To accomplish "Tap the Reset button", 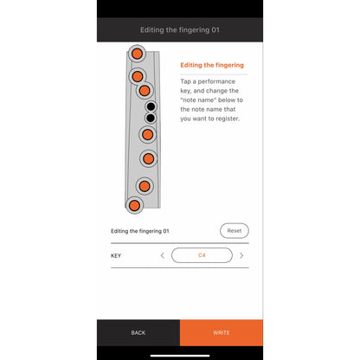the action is click(235, 231).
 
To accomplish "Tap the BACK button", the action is click(138, 332).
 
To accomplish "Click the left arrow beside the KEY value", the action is click(163, 255).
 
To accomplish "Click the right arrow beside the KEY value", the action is click(241, 255).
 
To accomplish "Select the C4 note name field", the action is click(202, 255).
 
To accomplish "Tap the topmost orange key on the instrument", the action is click(137, 54).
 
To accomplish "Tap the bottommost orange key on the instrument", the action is click(134, 206).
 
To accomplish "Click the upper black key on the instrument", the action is click(151, 106).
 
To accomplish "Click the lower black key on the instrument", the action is click(151, 118).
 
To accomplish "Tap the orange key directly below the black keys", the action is click(147, 134).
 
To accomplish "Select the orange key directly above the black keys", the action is click(145, 91).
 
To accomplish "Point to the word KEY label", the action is click(116, 255).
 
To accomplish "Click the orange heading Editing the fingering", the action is click(212, 65).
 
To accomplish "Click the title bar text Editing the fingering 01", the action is click(180, 30).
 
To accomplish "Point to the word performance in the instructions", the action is click(216, 81).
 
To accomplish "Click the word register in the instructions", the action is click(229, 119).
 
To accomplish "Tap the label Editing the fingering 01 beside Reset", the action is click(140, 231).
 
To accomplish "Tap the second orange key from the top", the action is click(138, 76).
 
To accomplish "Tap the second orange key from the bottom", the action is click(145, 186).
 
